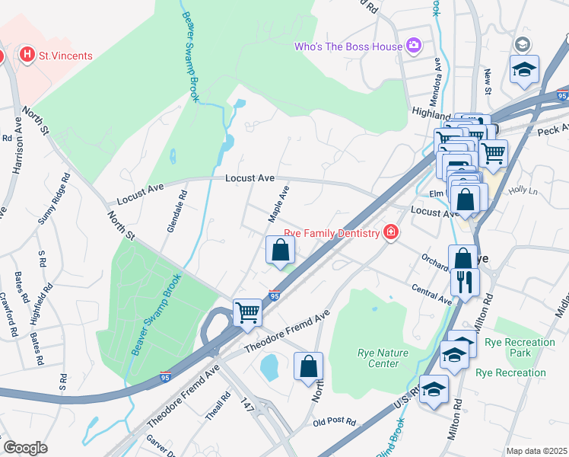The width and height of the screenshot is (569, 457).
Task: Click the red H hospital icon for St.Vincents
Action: [x=27, y=55]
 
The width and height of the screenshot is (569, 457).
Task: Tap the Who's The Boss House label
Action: [x=348, y=47]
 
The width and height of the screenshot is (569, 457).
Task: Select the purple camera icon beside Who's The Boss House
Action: [x=413, y=46]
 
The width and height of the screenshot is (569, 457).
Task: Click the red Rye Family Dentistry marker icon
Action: [x=390, y=232]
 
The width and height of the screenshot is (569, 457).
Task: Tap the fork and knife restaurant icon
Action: [x=464, y=282]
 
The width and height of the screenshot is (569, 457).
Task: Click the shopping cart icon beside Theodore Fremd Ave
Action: [x=247, y=312]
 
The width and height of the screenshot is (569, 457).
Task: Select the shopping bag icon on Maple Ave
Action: [x=280, y=250]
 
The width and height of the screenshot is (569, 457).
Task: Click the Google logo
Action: [x=25, y=448]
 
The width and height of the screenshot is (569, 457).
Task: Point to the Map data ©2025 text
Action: [x=536, y=451]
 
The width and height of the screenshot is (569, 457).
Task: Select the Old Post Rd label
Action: [x=333, y=421]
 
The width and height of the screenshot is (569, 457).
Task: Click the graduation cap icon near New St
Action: [x=524, y=69]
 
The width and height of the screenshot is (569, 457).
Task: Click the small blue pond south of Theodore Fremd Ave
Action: [x=269, y=367]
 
